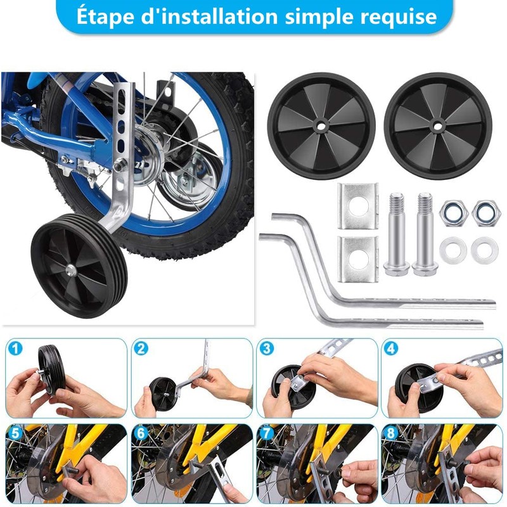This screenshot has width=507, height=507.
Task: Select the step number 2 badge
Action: (141, 349)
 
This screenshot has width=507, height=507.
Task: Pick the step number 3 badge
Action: (267, 349)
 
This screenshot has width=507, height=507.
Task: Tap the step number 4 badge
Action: (392, 349)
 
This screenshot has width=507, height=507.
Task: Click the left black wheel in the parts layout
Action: (321, 125)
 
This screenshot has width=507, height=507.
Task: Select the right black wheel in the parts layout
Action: (438, 125)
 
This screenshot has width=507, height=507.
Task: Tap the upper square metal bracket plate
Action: (357, 206)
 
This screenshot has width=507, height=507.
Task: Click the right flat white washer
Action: (485, 250)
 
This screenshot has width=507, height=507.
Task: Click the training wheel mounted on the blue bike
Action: (79, 264)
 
